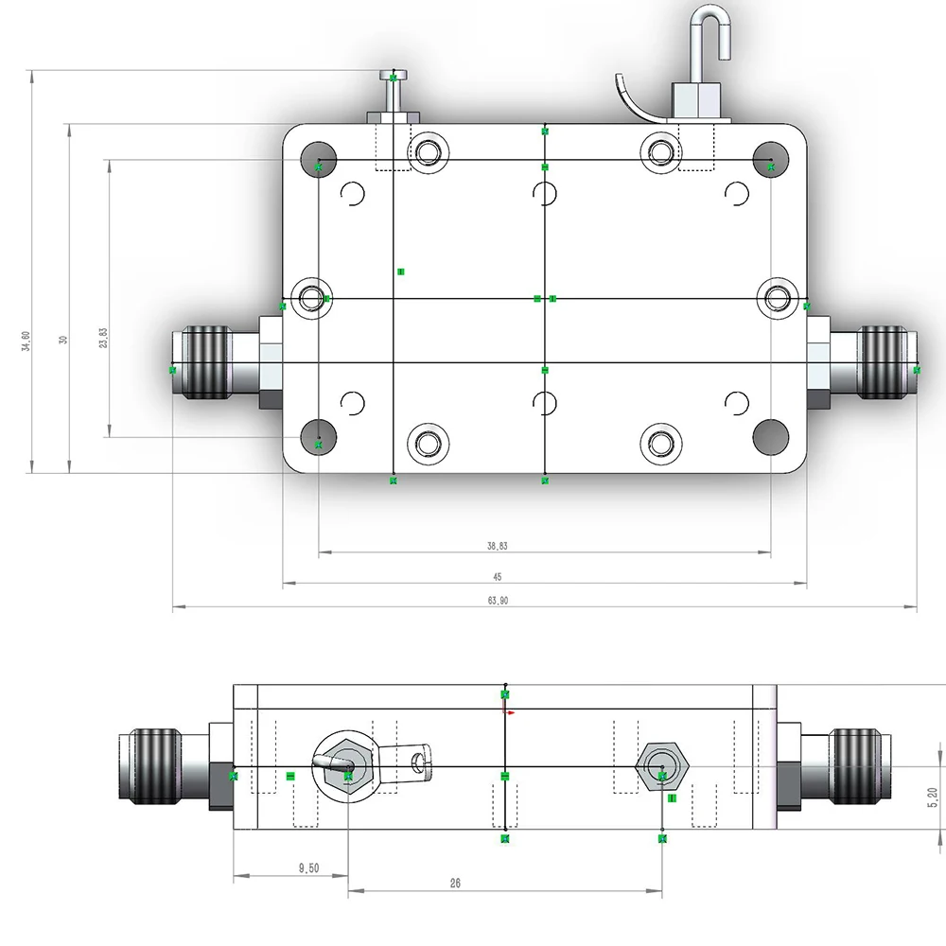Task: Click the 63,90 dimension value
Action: point(498,601)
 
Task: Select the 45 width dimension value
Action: point(497,576)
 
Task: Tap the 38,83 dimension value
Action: point(498,546)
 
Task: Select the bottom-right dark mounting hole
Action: point(770,435)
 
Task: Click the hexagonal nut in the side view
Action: point(661,764)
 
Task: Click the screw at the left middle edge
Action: point(311,298)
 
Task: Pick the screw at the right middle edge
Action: point(778,298)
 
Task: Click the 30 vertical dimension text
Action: point(63,339)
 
